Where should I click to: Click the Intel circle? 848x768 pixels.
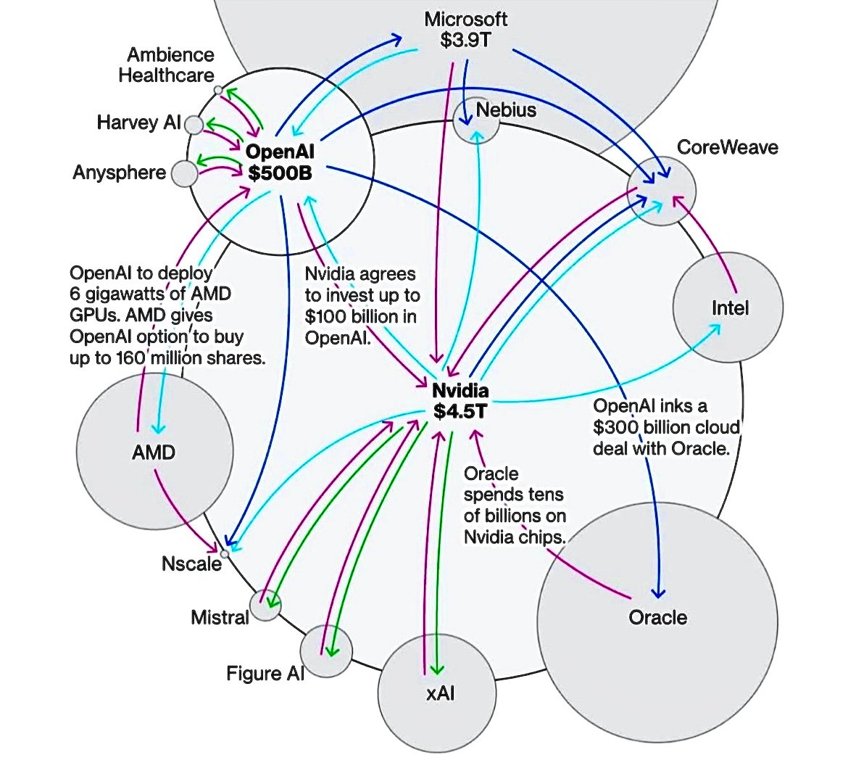[728, 307]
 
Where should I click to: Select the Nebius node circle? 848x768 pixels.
[475, 120]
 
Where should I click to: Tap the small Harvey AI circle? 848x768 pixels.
[194, 125]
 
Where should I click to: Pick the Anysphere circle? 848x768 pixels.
[183, 174]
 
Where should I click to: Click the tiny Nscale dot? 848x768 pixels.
[225, 553]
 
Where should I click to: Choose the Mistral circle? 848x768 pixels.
[265, 606]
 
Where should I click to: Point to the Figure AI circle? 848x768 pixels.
[326, 651]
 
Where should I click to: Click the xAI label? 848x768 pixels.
[441, 693]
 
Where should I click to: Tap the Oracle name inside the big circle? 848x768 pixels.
[657, 617]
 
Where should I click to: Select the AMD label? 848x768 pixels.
[154, 453]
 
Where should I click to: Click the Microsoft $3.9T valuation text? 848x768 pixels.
[465, 40]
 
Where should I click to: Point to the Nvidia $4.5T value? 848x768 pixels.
[460, 411]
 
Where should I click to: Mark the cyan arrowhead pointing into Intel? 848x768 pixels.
[717, 328]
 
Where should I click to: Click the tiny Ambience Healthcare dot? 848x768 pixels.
[218, 90]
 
